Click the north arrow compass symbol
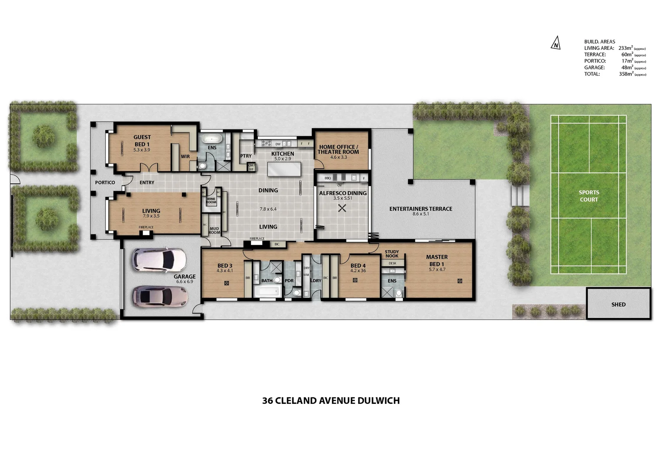[555, 44]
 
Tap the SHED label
[618, 305]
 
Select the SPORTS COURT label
[589, 196]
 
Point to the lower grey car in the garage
[160, 297]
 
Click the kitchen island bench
[282, 169]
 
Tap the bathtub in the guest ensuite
[212, 139]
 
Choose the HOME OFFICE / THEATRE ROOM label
[338, 149]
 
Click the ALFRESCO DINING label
[343, 193]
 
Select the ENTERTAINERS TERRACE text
[421, 209]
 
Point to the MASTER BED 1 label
[437, 260]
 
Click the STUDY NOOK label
[392, 254]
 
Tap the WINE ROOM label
[211, 201]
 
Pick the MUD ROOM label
[214, 231]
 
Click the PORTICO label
[105, 182]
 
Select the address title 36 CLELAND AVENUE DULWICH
[331, 401]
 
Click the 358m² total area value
[626, 74]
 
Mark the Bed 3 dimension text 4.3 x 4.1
[225, 271]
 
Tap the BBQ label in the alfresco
[328, 178]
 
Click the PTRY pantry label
[246, 156]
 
